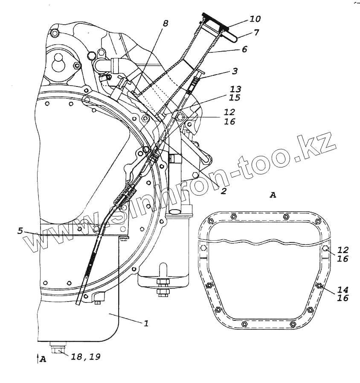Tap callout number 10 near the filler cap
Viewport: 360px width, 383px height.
pos(255,20)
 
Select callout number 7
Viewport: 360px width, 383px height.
pos(256,33)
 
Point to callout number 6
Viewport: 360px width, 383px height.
pos(244,49)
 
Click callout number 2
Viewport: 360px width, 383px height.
pos(224,191)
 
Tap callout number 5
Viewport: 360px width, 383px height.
pos(20,230)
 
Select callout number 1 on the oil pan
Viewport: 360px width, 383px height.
pos(146,323)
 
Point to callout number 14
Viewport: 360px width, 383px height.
pos(343,289)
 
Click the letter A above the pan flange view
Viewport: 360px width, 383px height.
pos(273,195)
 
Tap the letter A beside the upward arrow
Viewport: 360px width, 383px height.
pos(43,360)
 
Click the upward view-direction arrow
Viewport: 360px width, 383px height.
pos(37,359)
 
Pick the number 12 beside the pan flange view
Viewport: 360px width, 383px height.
pos(343,250)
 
